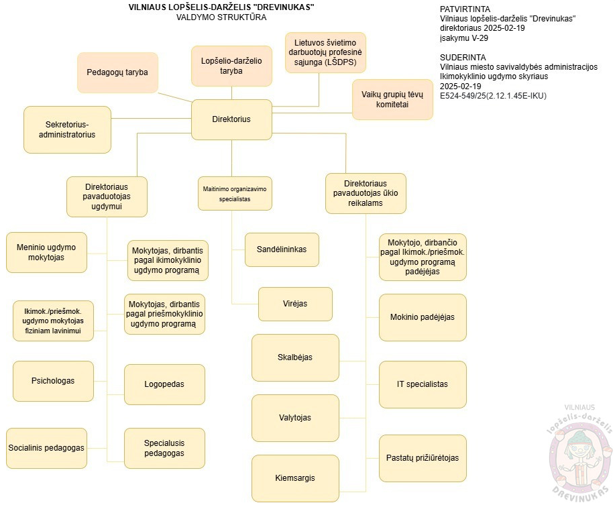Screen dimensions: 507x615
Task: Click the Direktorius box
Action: [x=231, y=119]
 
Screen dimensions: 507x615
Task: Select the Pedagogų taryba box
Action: [x=117, y=72]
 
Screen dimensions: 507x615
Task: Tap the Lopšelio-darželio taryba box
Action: [x=231, y=65]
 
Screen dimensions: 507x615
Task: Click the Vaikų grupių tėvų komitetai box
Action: [x=392, y=99]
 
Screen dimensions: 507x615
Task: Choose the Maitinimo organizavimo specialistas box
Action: [x=231, y=194]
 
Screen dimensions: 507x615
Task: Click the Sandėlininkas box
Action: [x=282, y=249]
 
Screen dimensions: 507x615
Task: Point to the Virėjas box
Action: [x=295, y=304]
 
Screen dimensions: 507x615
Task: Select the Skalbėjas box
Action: [x=295, y=357]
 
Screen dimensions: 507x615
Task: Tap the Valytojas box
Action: [x=295, y=418]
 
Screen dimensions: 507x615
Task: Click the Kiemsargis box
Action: [x=295, y=478]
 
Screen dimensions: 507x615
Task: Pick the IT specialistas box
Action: [x=423, y=384]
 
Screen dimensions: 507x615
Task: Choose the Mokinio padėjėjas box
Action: [x=423, y=317]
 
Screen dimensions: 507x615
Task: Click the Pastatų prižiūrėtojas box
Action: [x=423, y=458]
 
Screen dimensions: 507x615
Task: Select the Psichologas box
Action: [x=53, y=381]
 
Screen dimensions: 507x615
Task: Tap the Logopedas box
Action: [x=164, y=384]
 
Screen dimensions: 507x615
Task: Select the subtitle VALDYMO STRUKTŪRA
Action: [x=221, y=17]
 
